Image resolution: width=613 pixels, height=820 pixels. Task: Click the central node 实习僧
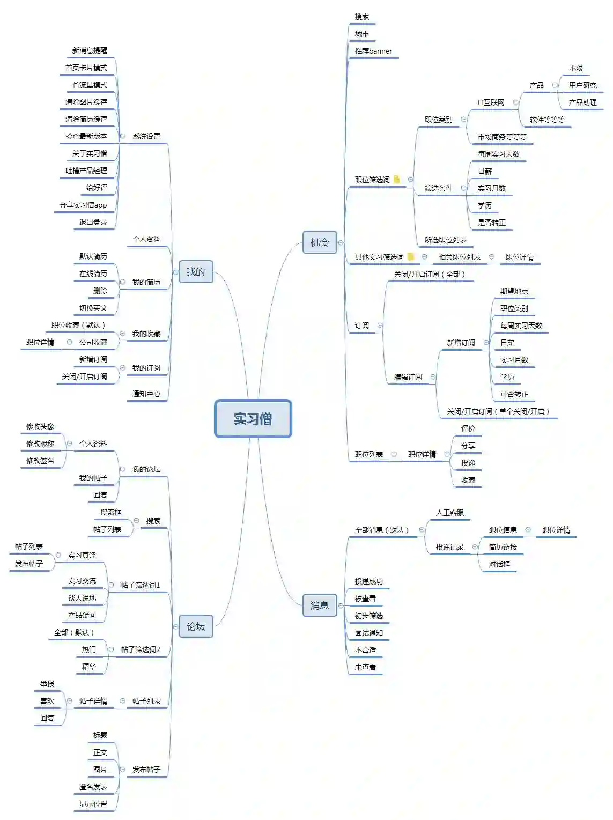tap(253, 419)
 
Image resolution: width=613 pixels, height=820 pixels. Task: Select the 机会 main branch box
tap(320, 242)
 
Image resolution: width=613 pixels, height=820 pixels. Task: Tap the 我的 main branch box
tap(196, 272)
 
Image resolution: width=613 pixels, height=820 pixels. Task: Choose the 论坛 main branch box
tap(196, 626)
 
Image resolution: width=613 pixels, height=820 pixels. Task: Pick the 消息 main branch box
tap(320, 605)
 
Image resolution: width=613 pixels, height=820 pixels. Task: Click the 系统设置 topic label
tap(146, 136)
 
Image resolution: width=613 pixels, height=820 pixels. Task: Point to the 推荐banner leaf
tap(373, 51)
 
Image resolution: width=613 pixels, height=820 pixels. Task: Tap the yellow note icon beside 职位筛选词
tap(397, 180)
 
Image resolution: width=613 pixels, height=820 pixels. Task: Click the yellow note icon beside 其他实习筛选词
tap(411, 257)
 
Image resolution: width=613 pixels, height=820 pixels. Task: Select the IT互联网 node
tap(491, 102)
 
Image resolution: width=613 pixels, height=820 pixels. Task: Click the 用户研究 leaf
tap(583, 85)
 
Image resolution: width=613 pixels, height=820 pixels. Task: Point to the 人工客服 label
tap(450, 513)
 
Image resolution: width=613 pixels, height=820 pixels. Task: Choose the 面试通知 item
tap(369, 633)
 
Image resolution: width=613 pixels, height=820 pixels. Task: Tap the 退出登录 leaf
tap(93, 222)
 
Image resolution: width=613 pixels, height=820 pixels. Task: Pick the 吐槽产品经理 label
tap(86, 171)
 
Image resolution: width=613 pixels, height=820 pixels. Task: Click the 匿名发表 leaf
tap(93, 787)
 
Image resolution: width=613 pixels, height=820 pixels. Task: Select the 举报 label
tap(47, 684)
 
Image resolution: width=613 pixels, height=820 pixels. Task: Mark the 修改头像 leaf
tap(40, 426)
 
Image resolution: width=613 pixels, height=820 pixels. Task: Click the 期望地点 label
tap(514, 291)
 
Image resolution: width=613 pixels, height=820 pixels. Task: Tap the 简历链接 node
tap(503, 547)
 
